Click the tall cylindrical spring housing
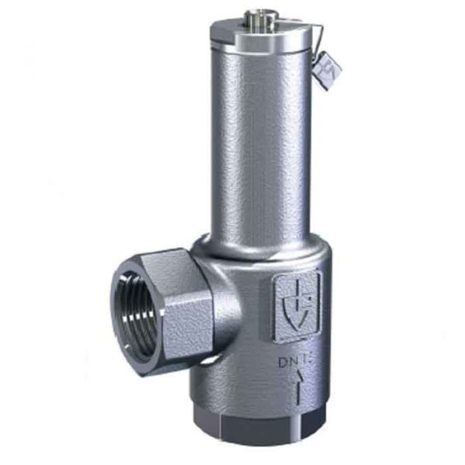[x=260, y=139]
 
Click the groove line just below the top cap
[x=260, y=48]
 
